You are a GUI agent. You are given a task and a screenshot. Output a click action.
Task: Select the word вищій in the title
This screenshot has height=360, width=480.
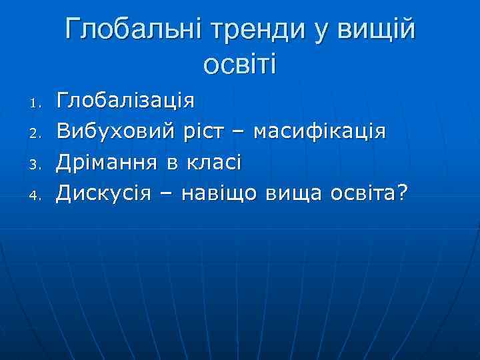point(377,31)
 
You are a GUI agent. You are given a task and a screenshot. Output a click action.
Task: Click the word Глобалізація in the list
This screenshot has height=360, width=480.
point(125,101)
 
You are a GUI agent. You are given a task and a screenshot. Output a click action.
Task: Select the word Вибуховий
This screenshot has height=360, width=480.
point(117,131)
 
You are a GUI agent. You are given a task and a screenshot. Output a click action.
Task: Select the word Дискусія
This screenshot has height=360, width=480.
point(107,193)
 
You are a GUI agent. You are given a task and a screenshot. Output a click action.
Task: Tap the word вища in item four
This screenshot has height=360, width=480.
point(291,193)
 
